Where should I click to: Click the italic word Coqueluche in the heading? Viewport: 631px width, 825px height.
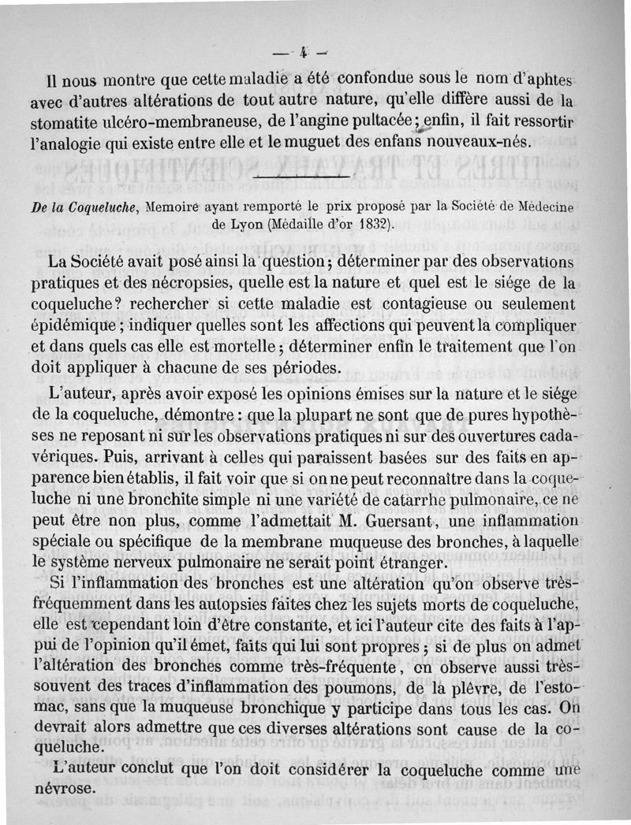point(103,207)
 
